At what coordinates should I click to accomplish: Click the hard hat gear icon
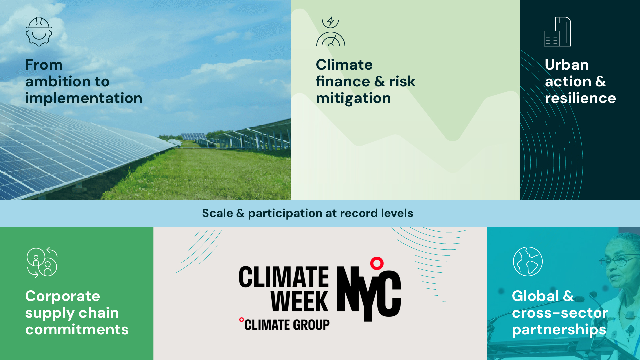[x=39, y=31]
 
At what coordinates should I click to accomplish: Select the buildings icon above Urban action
[x=557, y=31]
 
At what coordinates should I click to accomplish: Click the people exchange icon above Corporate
[x=42, y=262]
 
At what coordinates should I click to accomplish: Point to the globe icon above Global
[x=528, y=261]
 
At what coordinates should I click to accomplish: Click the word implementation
[x=84, y=98]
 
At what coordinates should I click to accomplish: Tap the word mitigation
[x=353, y=98]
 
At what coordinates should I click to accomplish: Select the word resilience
[x=580, y=98]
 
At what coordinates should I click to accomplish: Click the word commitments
[x=77, y=329]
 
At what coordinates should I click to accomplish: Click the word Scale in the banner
[x=218, y=213]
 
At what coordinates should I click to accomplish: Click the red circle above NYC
[x=377, y=263]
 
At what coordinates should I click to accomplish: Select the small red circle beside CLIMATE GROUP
[x=241, y=320]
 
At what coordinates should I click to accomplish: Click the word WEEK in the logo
[x=299, y=301]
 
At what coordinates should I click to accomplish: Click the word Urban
[x=567, y=65]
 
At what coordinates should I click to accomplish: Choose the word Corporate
[x=63, y=296]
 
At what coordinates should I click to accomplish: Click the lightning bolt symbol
[x=331, y=21]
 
